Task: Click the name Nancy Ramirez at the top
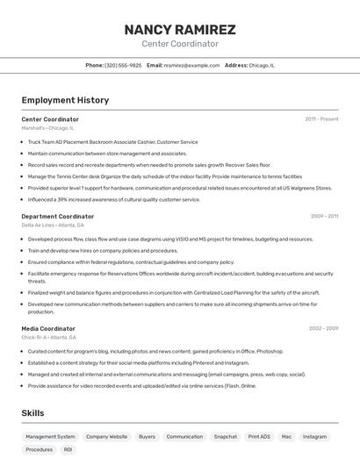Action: [x=180, y=30]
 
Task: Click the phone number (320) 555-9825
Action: [x=123, y=65]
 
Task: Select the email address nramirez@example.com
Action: [x=191, y=65]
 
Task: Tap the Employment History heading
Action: [x=65, y=100]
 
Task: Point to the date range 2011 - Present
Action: [x=321, y=119]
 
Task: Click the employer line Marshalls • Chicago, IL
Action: [x=47, y=128]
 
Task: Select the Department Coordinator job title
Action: [x=58, y=216]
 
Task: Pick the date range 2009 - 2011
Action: [x=324, y=216]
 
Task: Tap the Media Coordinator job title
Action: [x=48, y=328]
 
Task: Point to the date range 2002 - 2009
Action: [x=324, y=328]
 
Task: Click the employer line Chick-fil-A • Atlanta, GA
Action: [x=49, y=338]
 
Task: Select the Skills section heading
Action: [x=33, y=412]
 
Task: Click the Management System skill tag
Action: [x=50, y=436]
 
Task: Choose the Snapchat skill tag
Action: [x=225, y=436]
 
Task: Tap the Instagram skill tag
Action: [x=314, y=436]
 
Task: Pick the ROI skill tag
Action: [x=68, y=449]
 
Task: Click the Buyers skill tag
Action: [x=147, y=436]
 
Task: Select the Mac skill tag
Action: [x=286, y=436]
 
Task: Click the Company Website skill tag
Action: [x=106, y=436]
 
